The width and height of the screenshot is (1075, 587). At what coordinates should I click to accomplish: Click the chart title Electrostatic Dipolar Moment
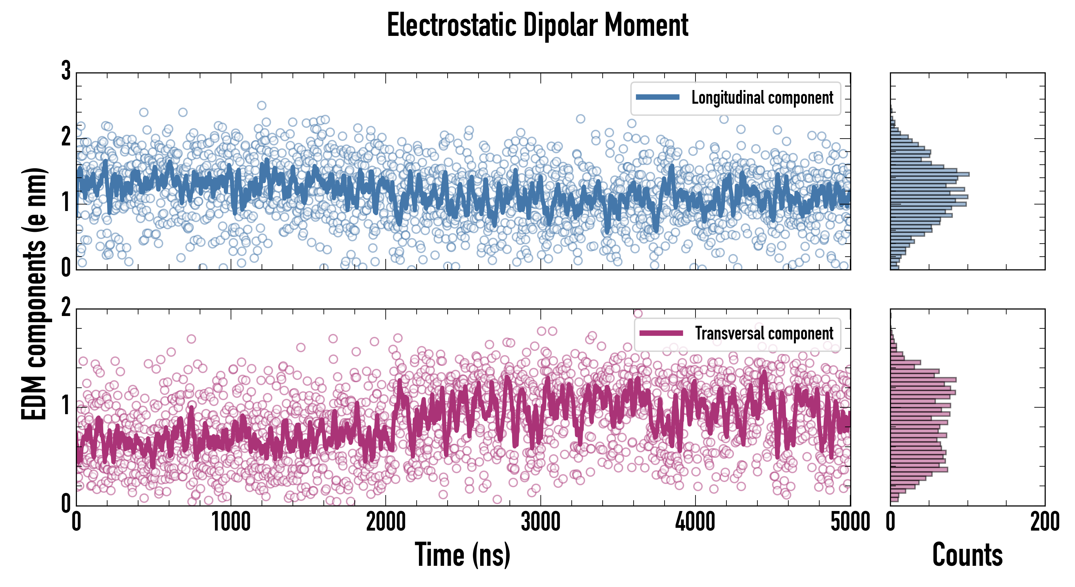click(537, 25)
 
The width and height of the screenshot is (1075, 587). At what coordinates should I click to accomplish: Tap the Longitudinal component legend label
click(762, 98)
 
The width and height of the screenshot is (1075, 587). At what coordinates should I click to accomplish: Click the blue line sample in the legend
click(657, 98)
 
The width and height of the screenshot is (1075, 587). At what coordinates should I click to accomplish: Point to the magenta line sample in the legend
click(661, 333)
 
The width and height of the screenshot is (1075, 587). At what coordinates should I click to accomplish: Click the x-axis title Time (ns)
click(462, 554)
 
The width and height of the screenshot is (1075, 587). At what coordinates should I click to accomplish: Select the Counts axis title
click(967, 554)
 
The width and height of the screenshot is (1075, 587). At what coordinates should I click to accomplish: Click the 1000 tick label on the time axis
click(231, 522)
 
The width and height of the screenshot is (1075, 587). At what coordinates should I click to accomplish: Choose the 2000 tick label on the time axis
click(386, 522)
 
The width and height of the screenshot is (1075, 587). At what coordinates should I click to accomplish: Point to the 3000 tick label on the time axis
click(540, 522)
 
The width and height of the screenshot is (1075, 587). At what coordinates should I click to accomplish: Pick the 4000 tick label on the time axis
click(695, 522)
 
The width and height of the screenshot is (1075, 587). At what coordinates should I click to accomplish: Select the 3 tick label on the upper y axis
click(66, 71)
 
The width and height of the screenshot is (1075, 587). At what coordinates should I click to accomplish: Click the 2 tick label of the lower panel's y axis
click(66, 308)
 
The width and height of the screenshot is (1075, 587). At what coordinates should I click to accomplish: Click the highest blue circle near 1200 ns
click(262, 105)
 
